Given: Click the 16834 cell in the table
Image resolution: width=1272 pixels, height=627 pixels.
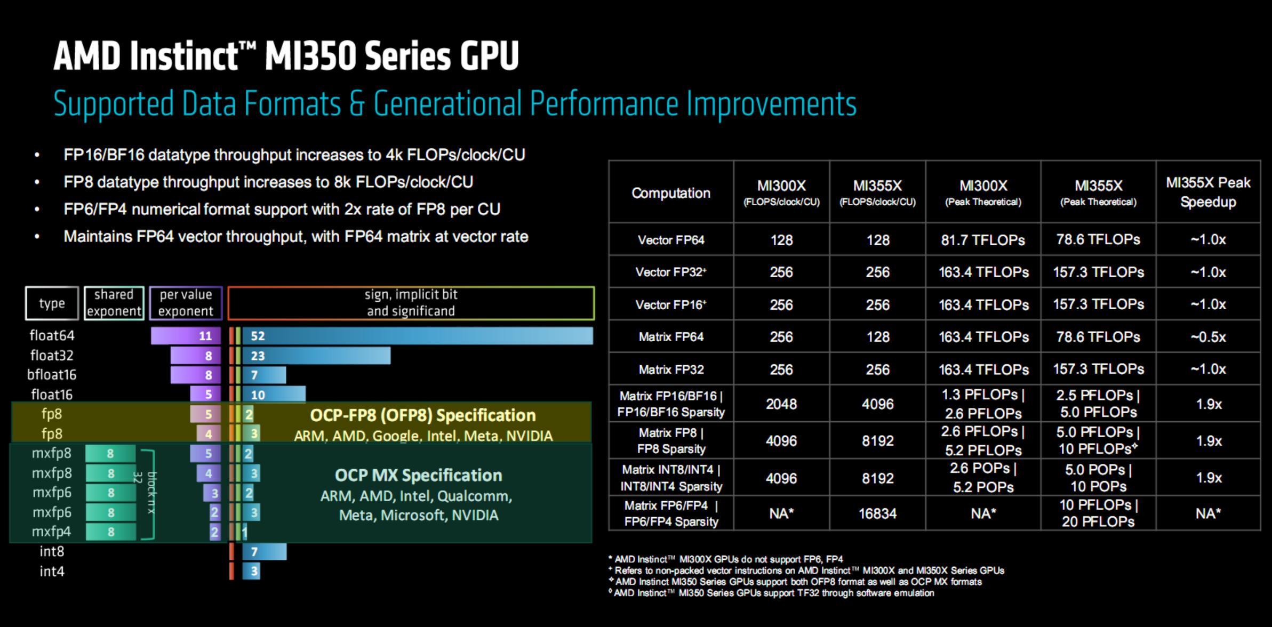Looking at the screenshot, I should click(877, 513).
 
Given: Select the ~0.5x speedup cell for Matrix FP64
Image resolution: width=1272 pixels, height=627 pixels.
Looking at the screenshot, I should click(1208, 337).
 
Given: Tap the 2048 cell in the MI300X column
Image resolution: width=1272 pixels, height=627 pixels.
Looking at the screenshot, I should click(781, 404).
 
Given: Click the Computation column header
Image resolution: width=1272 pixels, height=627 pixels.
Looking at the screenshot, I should click(671, 193).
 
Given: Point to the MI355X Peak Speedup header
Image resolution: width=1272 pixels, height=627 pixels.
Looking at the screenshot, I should click(1208, 192).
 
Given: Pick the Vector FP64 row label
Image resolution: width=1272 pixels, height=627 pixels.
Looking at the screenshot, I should click(671, 240).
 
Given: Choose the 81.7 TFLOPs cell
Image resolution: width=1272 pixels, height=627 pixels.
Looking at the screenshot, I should click(983, 240).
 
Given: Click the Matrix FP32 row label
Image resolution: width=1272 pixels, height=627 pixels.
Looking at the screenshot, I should click(671, 369).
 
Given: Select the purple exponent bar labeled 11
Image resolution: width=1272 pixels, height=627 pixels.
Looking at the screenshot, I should click(186, 336).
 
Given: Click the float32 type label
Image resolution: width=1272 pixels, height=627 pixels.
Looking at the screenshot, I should click(52, 356).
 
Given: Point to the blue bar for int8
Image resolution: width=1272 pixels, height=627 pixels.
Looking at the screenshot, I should click(265, 552).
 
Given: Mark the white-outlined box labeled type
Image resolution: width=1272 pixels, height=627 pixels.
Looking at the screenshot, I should click(52, 303).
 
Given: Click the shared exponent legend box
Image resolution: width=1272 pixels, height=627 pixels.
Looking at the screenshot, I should click(114, 303).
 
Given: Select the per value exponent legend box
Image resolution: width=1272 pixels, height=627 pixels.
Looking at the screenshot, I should click(186, 303).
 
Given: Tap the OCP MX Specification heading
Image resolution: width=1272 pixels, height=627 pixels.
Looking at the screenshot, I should click(418, 475).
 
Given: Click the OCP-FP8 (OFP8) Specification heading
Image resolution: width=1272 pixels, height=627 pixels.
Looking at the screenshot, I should click(422, 415).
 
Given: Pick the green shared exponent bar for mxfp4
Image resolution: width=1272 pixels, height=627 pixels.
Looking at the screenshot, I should click(110, 532).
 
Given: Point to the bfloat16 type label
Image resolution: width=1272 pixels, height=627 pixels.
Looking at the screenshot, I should click(52, 375).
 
